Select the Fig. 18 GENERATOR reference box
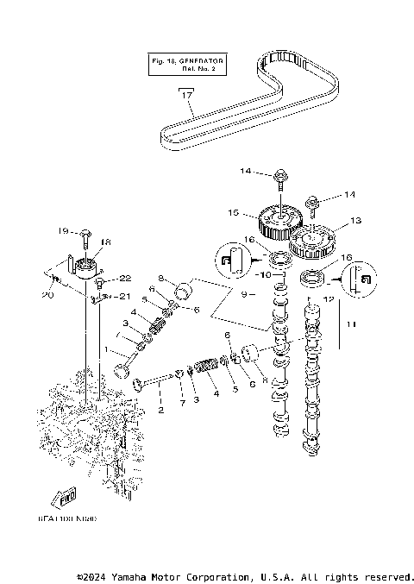click(x=185, y=66)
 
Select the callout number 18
click(x=106, y=243)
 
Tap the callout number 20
click(x=47, y=295)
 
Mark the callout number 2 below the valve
click(x=161, y=410)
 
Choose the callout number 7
click(x=181, y=402)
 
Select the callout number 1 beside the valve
click(x=106, y=350)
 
